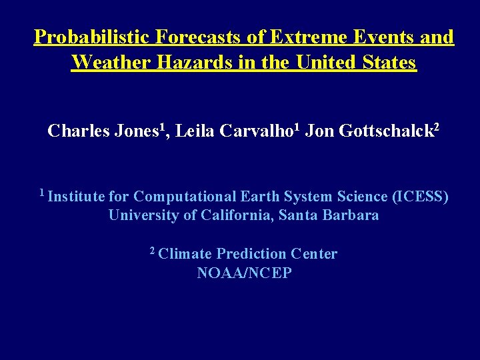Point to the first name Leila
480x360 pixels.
195,131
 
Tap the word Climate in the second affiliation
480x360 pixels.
186,254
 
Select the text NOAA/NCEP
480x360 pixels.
244,273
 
